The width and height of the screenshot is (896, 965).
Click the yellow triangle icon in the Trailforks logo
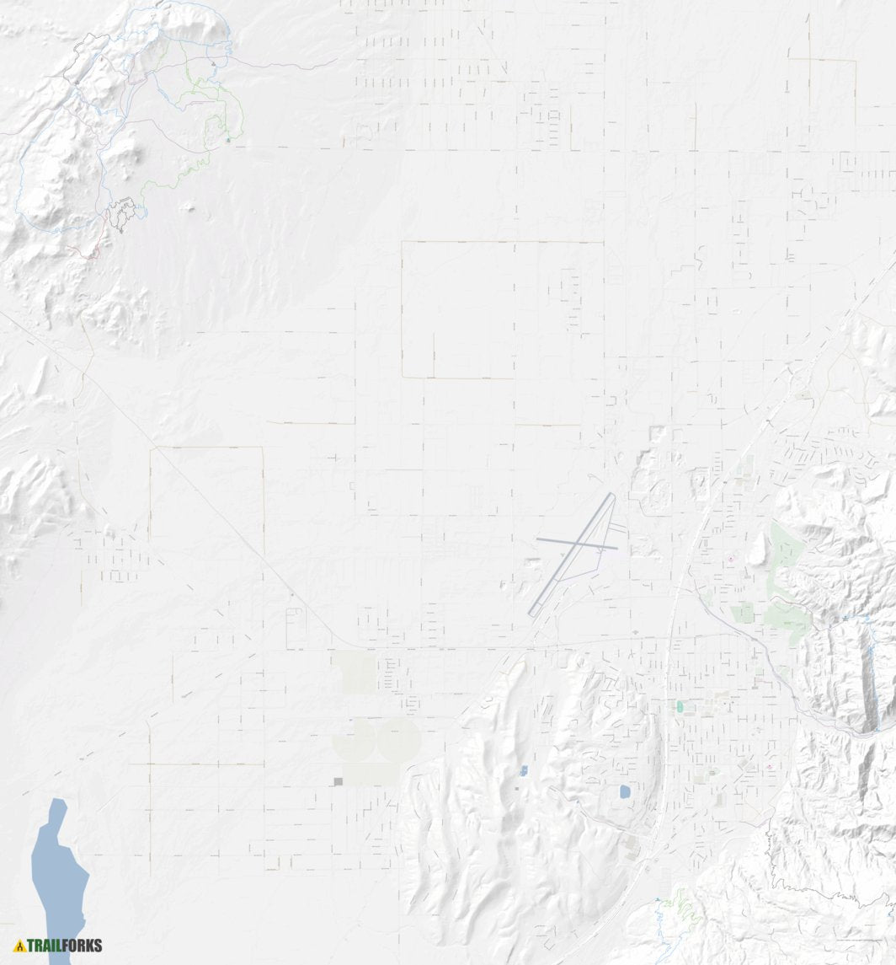pos(19,946)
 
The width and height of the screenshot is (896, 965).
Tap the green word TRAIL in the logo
pos(45,946)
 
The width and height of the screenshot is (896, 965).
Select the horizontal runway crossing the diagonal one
pos(577,544)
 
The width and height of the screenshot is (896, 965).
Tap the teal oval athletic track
pos(680,707)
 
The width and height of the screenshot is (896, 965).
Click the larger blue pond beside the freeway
pos(625,792)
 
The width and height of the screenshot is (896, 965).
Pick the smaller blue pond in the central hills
pos(524,770)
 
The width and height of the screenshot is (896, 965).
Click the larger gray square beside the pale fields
pos(339,782)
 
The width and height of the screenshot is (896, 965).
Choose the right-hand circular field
pos(398,739)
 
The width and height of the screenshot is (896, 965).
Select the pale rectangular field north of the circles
pos(354,672)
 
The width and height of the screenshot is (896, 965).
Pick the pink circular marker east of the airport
pos(730,559)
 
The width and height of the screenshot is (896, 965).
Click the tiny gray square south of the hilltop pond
pos(517,789)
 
